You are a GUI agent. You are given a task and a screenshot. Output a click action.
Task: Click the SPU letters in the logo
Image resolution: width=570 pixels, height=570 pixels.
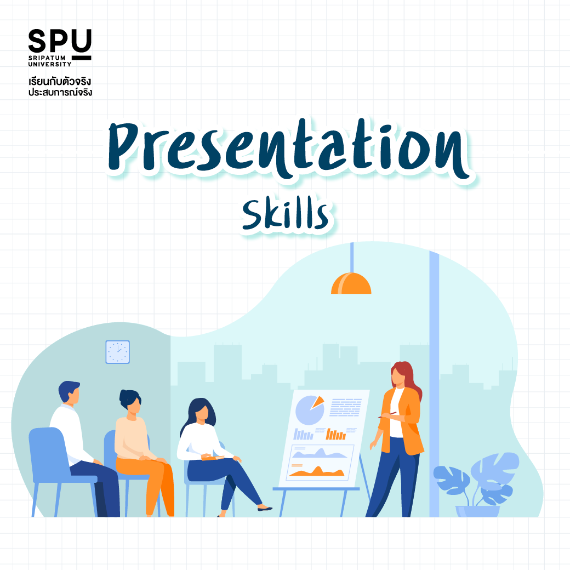[60, 41]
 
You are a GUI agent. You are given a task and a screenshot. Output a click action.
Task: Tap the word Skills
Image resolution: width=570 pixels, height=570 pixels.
[286, 214]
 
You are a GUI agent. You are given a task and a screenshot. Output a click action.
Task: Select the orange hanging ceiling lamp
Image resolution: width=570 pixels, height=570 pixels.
[351, 283]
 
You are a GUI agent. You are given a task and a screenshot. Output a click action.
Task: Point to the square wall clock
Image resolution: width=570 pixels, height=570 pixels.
[117, 352]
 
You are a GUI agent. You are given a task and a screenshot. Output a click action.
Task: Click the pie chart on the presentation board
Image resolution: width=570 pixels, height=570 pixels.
[310, 410]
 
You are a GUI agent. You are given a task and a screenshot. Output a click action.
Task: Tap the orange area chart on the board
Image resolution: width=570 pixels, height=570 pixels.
[316, 471]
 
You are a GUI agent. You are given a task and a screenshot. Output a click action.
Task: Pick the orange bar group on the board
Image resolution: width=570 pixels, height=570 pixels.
[335, 434]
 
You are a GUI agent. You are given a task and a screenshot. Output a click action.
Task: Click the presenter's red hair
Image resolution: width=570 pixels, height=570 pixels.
[408, 378]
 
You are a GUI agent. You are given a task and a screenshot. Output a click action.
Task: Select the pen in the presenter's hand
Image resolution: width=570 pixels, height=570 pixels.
[387, 415]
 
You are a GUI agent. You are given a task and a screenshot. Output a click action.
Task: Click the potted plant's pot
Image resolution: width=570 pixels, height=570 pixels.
[478, 511]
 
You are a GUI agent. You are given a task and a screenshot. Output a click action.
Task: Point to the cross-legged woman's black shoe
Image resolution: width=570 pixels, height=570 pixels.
[265, 508]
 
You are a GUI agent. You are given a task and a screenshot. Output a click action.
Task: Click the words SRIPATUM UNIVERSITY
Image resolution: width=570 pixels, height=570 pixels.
[50, 61]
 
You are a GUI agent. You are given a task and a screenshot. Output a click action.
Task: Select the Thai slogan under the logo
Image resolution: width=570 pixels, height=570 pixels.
[60, 87]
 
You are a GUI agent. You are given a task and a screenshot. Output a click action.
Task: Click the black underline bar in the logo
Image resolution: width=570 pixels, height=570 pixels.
[82, 58]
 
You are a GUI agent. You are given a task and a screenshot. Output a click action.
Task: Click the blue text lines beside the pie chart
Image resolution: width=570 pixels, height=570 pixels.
[346, 407]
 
